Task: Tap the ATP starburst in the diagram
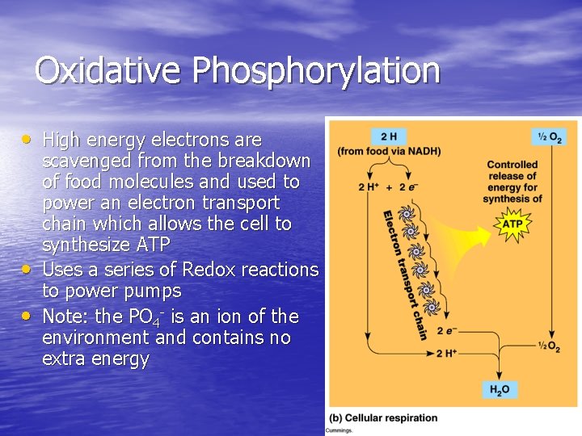[x=513, y=224]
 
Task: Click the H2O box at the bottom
[x=499, y=390]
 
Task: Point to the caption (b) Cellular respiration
[x=382, y=418]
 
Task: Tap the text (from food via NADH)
[x=389, y=152]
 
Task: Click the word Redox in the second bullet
[x=210, y=270]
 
